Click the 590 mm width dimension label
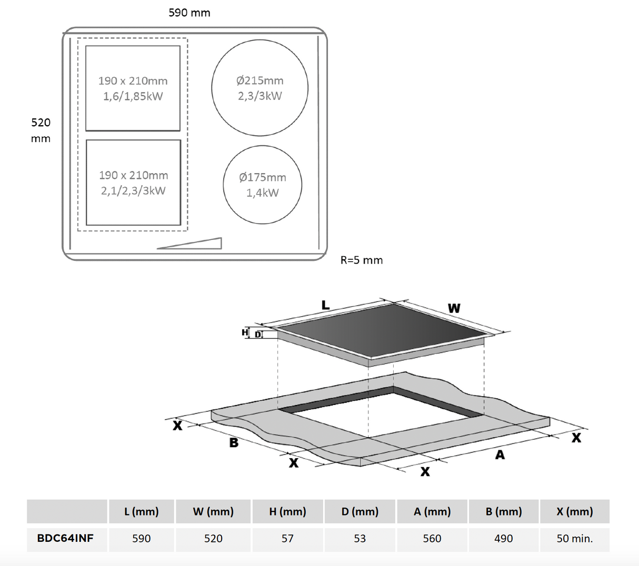point(189,13)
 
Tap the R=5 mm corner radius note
point(362,260)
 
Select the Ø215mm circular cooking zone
point(259,88)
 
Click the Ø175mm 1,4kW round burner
point(262,185)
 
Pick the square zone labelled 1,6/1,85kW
point(133,88)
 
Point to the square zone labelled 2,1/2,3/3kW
point(133,183)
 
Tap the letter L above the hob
point(325,305)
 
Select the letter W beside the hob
point(454,308)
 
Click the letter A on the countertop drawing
point(500,454)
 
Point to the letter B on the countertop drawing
point(234,443)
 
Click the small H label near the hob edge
point(245,332)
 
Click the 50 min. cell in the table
point(574,539)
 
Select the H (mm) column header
point(287,511)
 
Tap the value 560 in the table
point(432,539)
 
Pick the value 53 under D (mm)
point(360,539)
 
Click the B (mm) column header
point(504,511)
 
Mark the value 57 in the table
point(287,539)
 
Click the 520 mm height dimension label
point(41,130)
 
